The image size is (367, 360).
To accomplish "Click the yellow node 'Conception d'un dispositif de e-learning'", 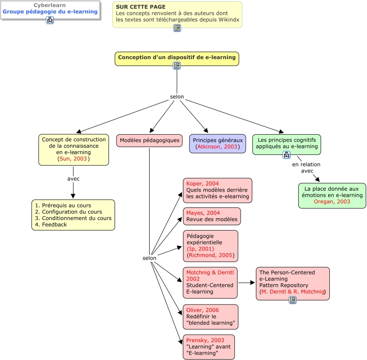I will [177, 57].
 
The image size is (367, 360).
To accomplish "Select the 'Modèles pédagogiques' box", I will [149, 140].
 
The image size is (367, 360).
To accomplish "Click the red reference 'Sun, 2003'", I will [73, 159].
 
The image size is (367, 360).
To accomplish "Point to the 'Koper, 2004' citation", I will [203, 184].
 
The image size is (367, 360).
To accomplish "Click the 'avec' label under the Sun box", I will [73, 179].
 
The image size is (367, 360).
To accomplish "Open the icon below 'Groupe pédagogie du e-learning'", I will [50, 20].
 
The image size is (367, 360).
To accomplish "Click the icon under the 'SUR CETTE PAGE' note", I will [177, 28].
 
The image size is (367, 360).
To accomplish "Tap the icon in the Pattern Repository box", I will [293, 300].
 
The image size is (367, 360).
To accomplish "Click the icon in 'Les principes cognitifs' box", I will [287, 154].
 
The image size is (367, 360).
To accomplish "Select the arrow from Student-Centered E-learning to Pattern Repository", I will [247, 283].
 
